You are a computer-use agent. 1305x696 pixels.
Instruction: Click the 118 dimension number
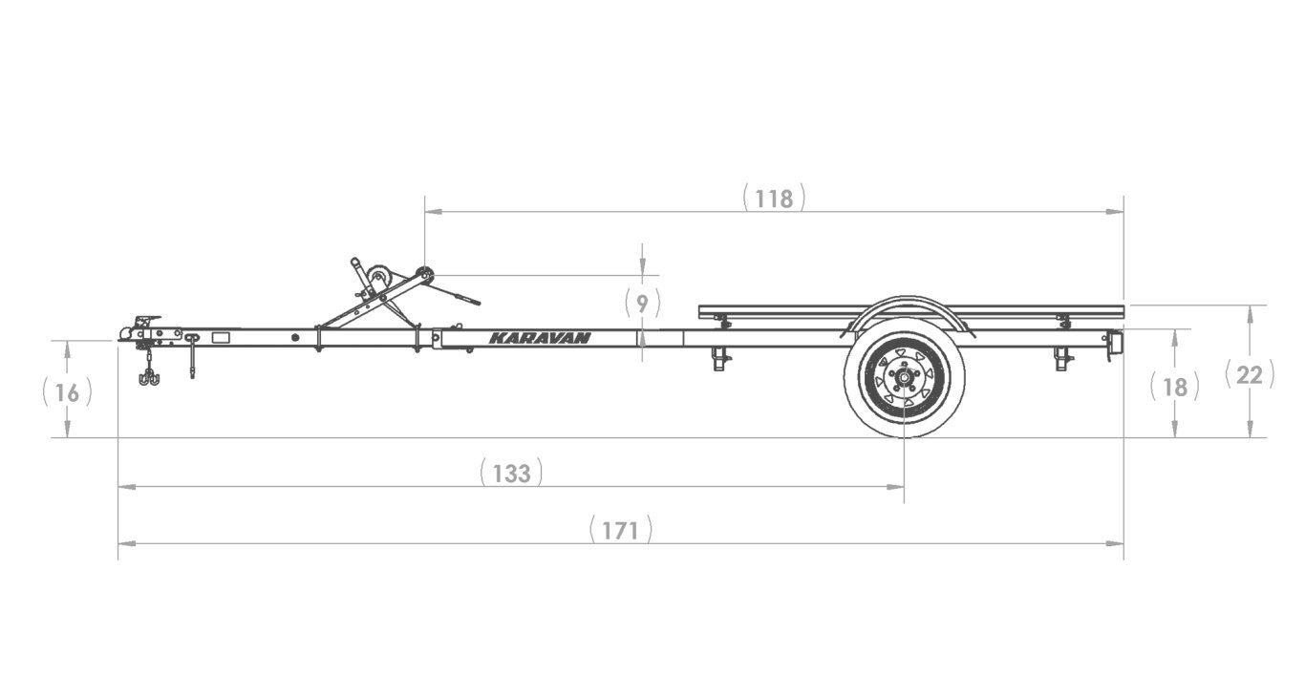(x=774, y=200)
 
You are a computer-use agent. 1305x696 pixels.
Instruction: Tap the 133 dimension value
(x=511, y=474)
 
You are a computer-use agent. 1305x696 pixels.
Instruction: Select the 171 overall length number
(x=620, y=531)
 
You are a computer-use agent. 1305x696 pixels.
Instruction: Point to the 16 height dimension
(x=67, y=393)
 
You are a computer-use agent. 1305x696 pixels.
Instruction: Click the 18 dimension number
(x=1175, y=388)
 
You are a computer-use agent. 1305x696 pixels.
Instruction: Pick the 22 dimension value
(x=1250, y=375)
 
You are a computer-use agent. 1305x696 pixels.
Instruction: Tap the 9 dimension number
(x=642, y=304)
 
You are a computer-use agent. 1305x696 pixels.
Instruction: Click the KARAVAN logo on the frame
(x=540, y=338)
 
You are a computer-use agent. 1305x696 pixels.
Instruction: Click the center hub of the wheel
(x=904, y=377)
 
